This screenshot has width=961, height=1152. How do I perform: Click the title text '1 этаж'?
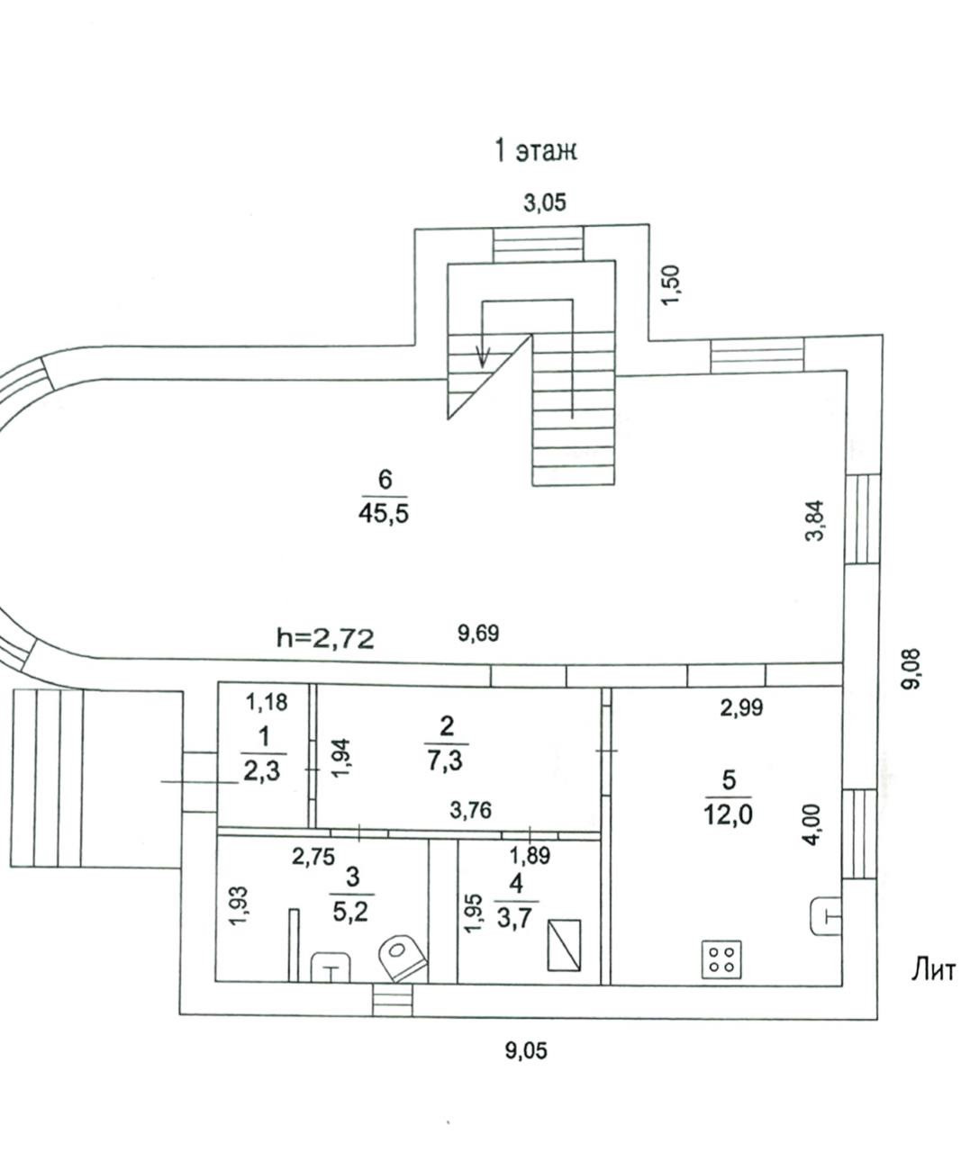[x=535, y=150]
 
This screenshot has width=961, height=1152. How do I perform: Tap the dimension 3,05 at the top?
[x=545, y=202]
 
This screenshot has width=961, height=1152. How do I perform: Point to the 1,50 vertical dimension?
[x=673, y=284]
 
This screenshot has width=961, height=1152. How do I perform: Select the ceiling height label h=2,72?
[x=324, y=638]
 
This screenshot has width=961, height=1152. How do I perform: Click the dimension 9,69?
[x=478, y=634]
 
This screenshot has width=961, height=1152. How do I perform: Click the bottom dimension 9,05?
[x=526, y=1049]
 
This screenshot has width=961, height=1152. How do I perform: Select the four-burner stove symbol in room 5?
[x=722, y=958]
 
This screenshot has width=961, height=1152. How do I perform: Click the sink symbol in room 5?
[x=824, y=916]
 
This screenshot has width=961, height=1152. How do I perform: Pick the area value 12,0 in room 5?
[x=730, y=815]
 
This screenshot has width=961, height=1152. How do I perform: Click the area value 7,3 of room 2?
[x=447, y=762]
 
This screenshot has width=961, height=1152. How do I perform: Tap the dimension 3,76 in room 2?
[x=470, y=811]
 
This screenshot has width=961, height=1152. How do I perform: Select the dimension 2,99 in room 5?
[x=741, y=707]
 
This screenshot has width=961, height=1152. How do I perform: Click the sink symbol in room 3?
[x=331, y=968]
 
